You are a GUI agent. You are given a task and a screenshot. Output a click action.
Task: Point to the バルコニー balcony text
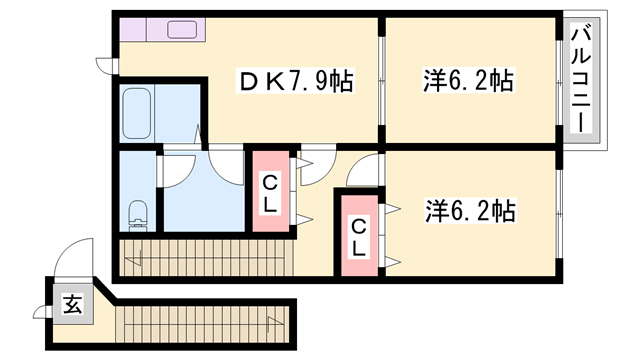pos(579,81)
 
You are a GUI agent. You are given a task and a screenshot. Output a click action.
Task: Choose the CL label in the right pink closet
pos(358,237)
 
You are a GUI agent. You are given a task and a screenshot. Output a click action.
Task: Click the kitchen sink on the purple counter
pos(183,29)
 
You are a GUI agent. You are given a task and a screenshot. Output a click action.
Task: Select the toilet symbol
pos(138,214)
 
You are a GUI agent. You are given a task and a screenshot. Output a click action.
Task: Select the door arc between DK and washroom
pos(224,163)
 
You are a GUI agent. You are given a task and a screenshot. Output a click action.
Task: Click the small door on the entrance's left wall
pos(44,309)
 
